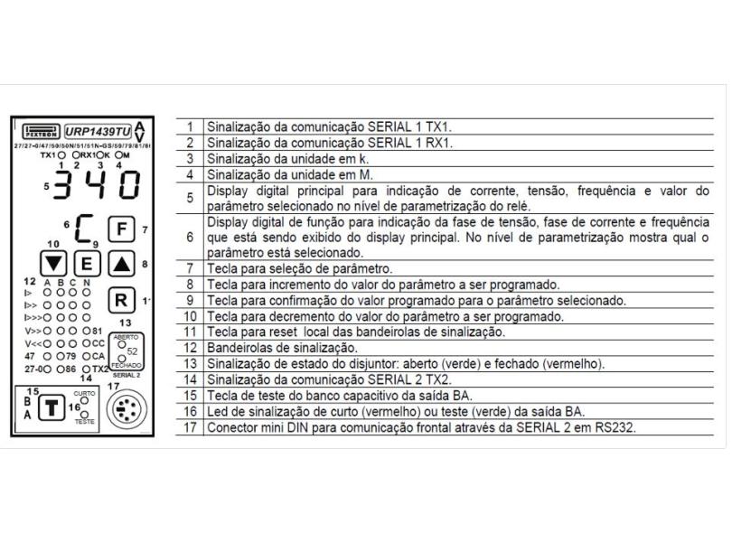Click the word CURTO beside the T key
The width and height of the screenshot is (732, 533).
click(x=86, y=396)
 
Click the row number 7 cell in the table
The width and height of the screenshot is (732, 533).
click(x=189, y=270)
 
